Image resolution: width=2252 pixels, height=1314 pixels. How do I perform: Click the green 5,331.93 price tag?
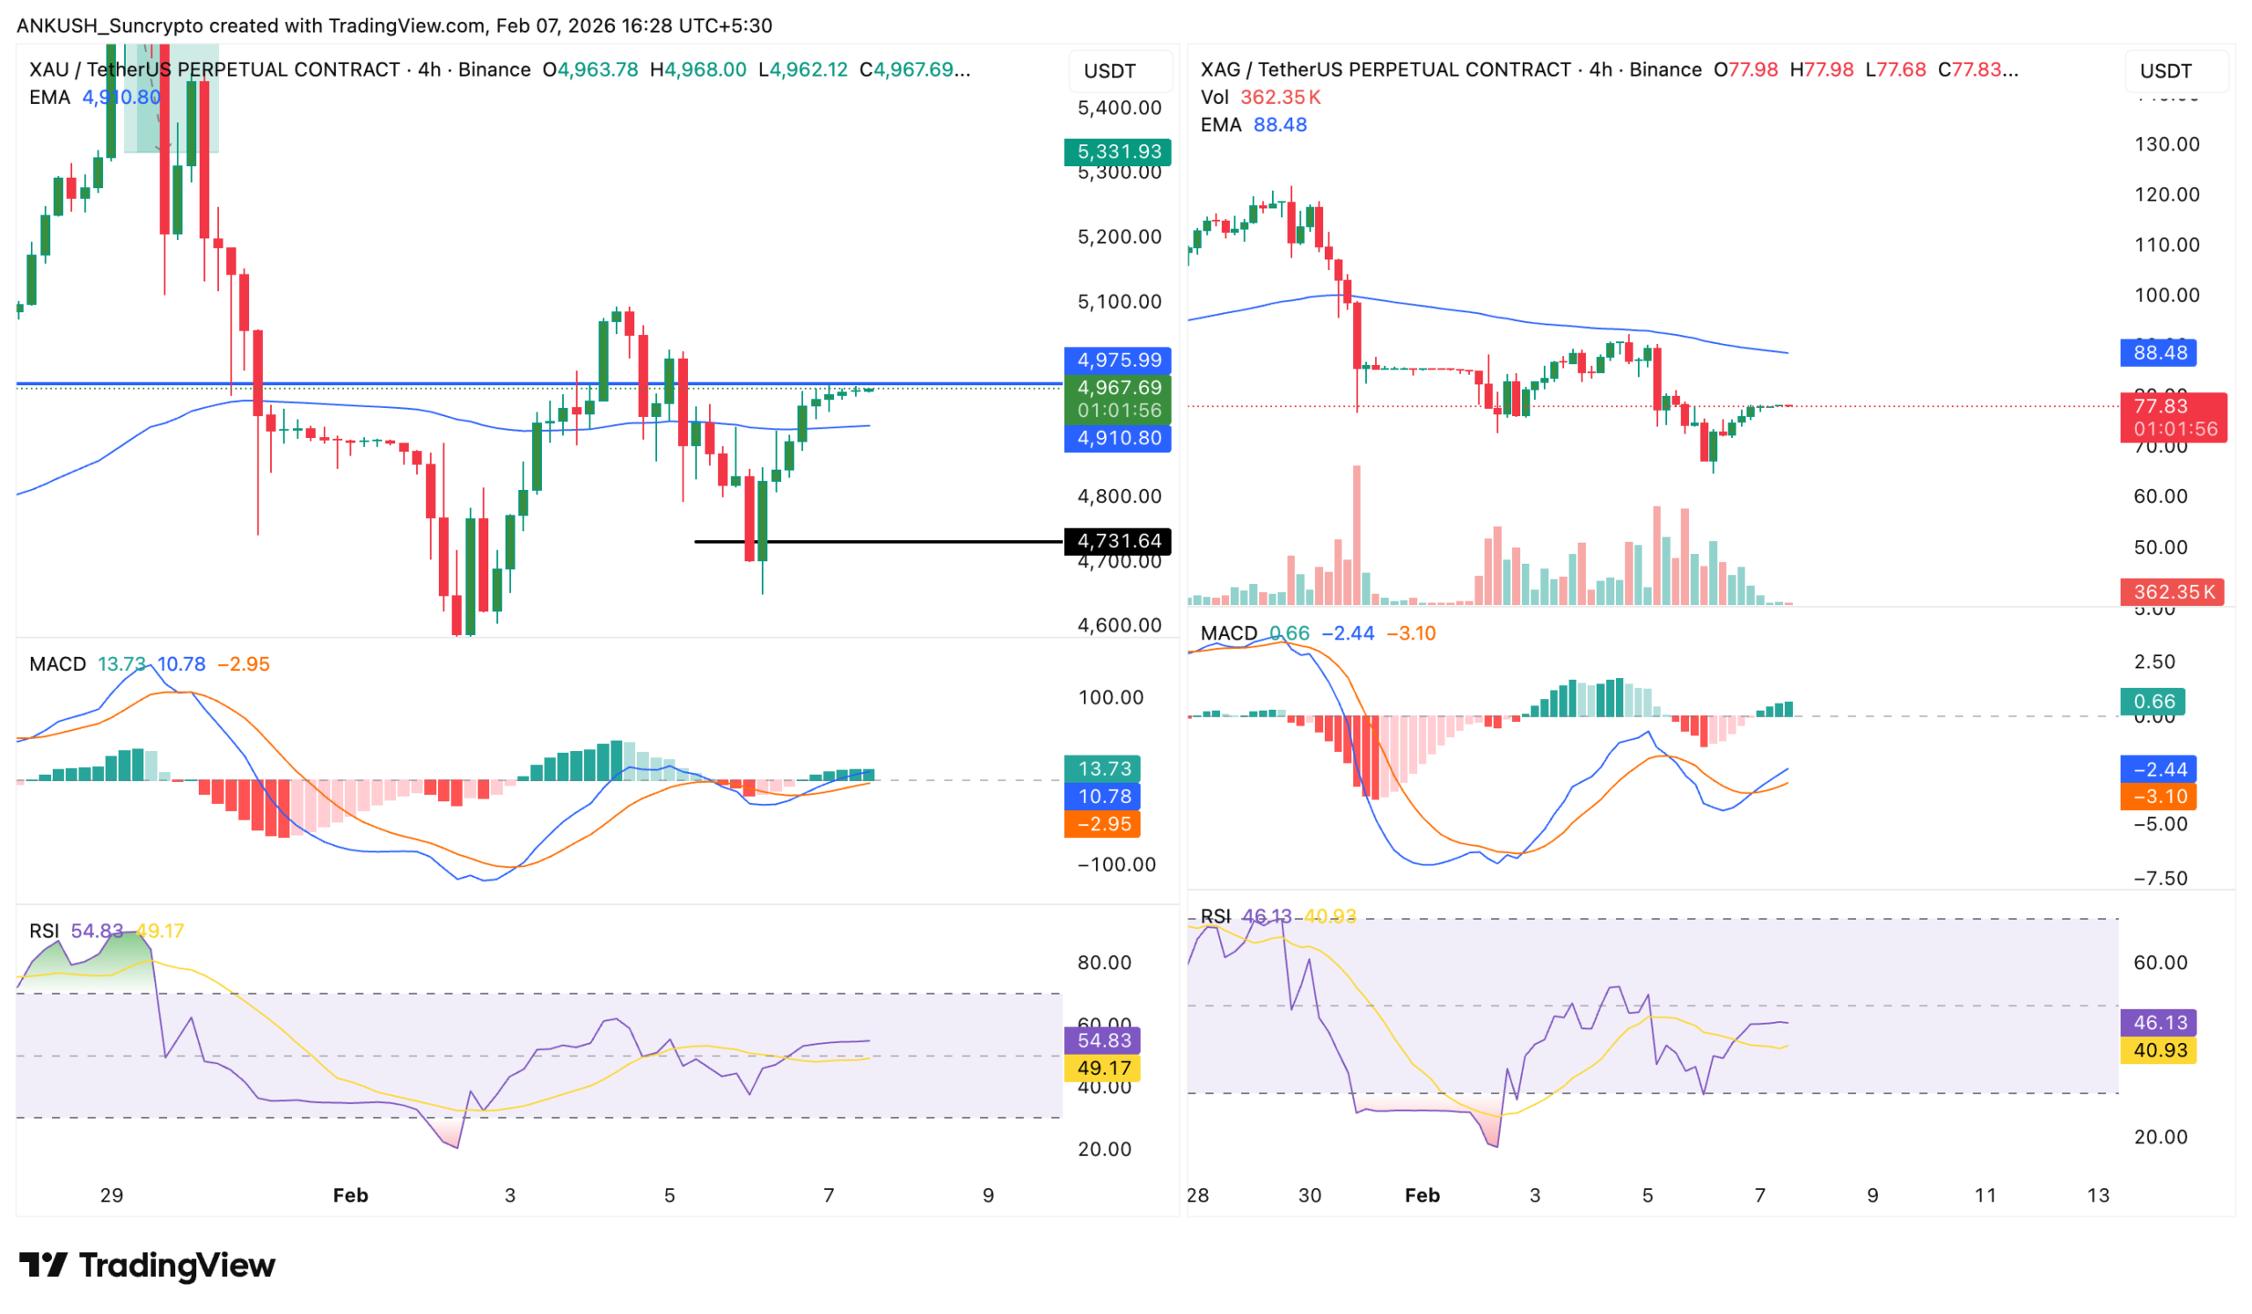[x=1117, y=152]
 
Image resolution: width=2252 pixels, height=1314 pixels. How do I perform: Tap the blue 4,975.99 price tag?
[x=1117, y=360]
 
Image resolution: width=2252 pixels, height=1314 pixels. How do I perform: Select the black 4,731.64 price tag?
[x=1117, y=541]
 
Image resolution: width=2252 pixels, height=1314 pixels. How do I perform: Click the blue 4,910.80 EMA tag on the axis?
[x=1117, y=438]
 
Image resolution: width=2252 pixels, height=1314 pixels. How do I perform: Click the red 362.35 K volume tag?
[x=2172, y=592]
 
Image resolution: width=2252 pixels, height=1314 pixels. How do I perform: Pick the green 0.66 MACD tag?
[x=2152, y=702]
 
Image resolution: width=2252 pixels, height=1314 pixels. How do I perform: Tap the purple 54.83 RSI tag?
[x=1103, y=1040]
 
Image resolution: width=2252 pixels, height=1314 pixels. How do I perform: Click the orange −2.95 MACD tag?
[x=1103, y=824]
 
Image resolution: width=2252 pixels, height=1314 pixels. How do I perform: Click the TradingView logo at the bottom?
[x=148, y=1266]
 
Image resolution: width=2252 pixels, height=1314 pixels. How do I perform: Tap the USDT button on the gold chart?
[x=1109, y=71]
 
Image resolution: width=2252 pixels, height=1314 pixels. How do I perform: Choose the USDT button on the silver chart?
[x=2165, y=71]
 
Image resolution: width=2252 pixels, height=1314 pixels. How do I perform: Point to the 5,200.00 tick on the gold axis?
[x=1119, y=237]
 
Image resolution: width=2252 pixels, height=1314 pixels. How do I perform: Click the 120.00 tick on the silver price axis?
[x=2166, y=194]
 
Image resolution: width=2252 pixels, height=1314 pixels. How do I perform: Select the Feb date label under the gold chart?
[x=350, y=1195]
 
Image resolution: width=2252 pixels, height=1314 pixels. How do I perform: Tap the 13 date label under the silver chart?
[x=2097, y=1195]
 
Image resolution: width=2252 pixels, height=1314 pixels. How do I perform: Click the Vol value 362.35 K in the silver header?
[x=1280, y=98]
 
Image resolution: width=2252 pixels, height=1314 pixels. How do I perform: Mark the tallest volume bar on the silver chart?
[x=1356, y=535]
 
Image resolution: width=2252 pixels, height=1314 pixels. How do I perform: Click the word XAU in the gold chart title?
[x=49, y=69]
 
